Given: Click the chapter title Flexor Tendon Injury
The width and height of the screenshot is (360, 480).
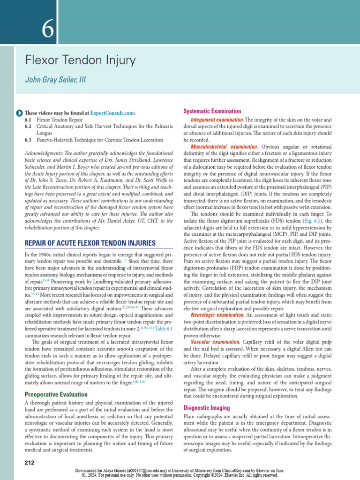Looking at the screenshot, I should [80, 60].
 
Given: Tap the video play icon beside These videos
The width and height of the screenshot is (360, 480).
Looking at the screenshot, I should [18, 113].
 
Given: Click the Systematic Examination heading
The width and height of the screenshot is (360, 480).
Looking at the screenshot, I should [212, 111].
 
